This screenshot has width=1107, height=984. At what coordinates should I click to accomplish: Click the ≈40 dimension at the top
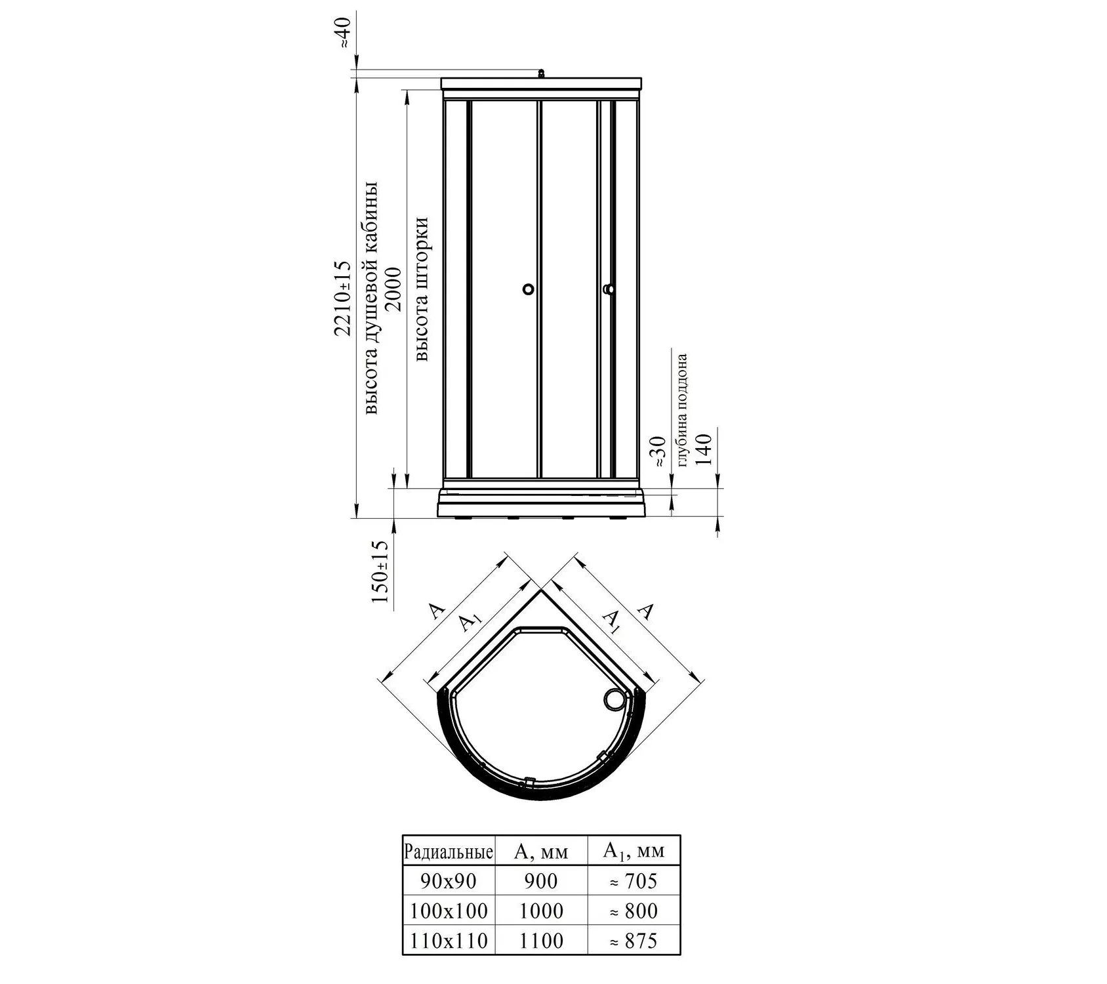(x=345, y=32)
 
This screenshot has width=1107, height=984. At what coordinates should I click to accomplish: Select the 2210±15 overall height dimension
(x=343, y=298)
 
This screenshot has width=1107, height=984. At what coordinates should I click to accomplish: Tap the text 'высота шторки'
(x=422, y=289)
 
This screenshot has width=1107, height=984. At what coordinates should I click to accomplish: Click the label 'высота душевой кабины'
(x=371, y=297)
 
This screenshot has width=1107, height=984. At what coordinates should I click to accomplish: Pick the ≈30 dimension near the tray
(x=660, y=451)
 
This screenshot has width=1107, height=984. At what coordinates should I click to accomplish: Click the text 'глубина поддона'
(x=682, y=410)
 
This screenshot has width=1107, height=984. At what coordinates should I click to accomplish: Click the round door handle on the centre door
(x=529, y=289)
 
